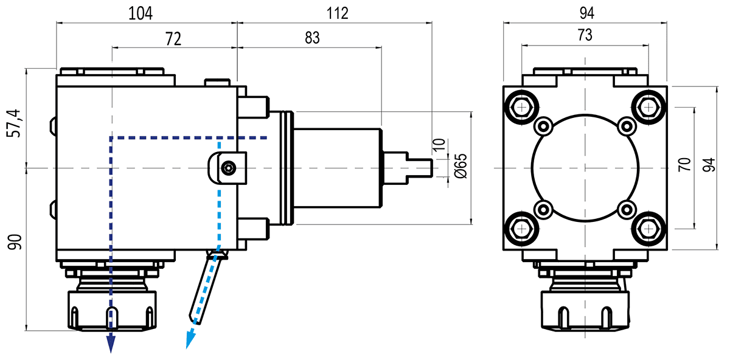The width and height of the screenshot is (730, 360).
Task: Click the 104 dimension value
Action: tap(140, 12)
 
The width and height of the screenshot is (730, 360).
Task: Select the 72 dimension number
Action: tap(173, 40)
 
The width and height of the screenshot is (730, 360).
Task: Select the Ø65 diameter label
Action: tap(461, 166)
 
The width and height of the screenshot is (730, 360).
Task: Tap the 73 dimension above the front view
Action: tap(584, 36)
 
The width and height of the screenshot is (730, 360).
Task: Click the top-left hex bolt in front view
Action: tap(521, 107)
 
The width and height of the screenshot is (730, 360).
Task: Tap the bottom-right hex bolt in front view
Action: tap(647, 227)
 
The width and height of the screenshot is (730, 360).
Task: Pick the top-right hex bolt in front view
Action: tap(647, 107)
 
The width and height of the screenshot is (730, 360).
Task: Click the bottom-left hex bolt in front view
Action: tap(521, 227)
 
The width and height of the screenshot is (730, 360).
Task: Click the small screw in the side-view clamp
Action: tap(228, 167)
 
